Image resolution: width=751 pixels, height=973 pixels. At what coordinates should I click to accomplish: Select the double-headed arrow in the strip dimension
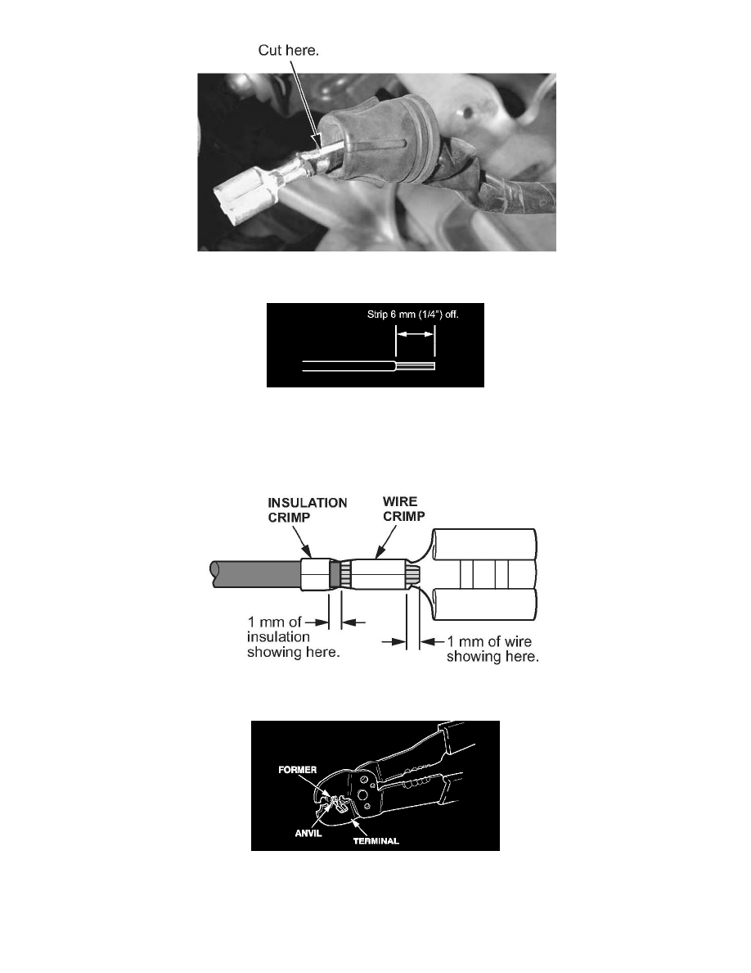[415, 334]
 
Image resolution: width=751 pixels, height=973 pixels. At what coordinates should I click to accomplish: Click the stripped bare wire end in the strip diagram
[415, 366]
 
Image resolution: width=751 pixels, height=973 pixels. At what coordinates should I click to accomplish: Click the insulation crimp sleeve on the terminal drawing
[315, 573]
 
